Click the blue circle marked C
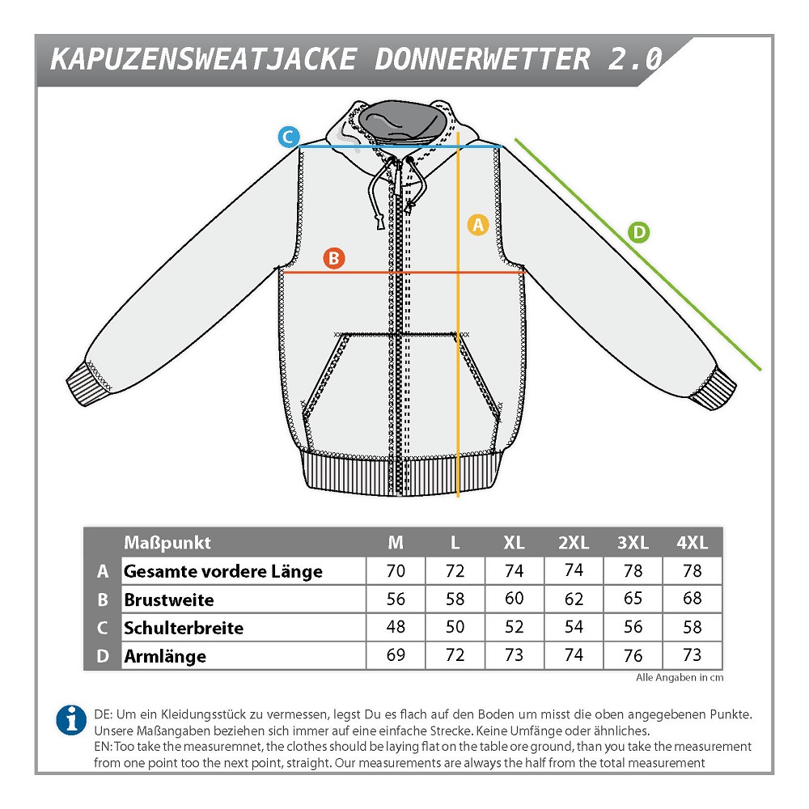tap(289, 137)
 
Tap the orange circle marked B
tap(334, 258)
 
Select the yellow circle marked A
tap(478, 225)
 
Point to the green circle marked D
tap(639, 232)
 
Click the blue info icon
tap(71, 720)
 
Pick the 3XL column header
tap(633, 542)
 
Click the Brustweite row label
tap(169, 599)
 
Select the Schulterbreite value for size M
tap(396, 627)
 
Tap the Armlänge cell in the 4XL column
tap(692, 654)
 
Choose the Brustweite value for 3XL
tap(633, 599)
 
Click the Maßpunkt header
tap(167, 543)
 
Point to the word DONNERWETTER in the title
tap(482, 59)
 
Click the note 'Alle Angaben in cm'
tap(680, 677)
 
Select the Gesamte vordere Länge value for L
tap(455, 570)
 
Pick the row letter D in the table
tap(103, 656)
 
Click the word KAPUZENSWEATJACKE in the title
tap(204, 59)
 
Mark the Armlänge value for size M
tap(396, 654)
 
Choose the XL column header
tap(514, 542)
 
